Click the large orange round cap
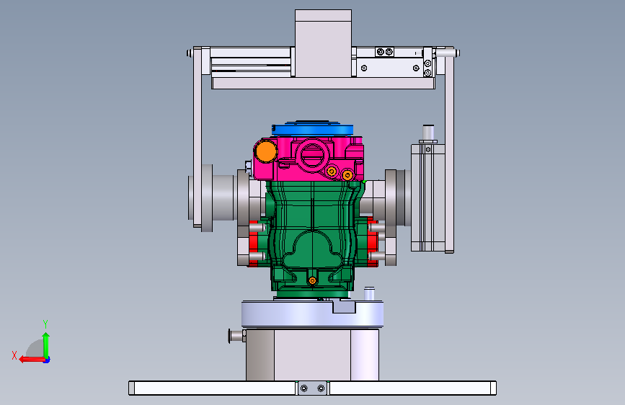click(x=265, y=151)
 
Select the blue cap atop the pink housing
click(x=313, y=128)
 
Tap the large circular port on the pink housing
click(x=313, y=155)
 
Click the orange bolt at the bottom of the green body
click(x=313, y=281)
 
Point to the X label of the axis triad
click(x=14, y=355)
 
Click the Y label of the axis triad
click(x=45, y=324)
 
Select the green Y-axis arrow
click(x=46, y=345)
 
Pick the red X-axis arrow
click(x=32, y=360)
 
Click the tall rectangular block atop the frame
click(x=323, y=43)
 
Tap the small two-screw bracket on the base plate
click(x=313, y=388)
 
